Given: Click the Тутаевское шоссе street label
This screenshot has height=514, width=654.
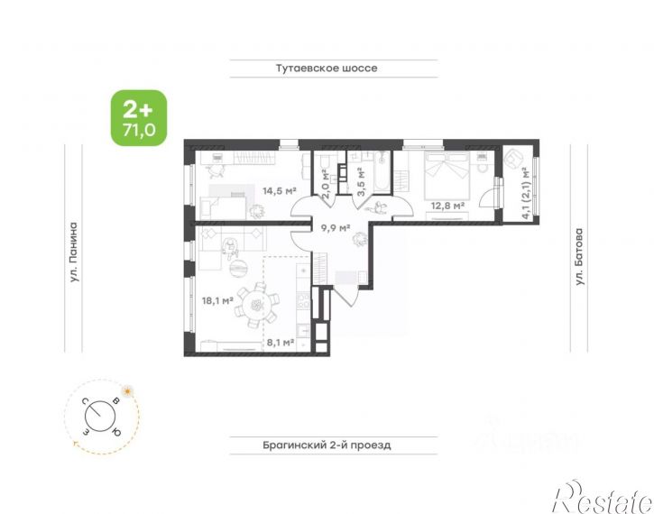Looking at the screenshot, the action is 327,69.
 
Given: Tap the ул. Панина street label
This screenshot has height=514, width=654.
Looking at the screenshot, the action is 74,252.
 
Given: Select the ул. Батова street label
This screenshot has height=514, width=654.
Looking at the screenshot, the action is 579,256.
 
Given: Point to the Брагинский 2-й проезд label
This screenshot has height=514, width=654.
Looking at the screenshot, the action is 327,445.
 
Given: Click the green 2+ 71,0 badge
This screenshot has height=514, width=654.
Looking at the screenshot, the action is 139,118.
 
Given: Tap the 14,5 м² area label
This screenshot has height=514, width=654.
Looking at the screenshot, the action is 279,191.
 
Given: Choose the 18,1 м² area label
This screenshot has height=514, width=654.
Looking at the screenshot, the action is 217,300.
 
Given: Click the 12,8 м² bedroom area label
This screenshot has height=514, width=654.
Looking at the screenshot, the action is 448,206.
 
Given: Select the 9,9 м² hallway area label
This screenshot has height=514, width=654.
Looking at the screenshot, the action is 335,228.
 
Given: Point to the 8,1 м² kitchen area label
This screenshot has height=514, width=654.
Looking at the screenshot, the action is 280,343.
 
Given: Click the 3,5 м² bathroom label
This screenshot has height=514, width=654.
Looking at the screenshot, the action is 362,181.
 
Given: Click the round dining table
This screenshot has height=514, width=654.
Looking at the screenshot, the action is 256,307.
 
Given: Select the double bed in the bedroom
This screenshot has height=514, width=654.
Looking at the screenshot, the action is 447,175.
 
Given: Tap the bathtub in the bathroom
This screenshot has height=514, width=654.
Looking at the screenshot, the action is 382,171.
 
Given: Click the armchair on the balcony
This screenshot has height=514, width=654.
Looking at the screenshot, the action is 512,159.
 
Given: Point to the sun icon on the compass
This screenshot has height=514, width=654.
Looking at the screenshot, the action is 127,390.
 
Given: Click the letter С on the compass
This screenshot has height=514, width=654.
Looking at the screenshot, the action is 85,401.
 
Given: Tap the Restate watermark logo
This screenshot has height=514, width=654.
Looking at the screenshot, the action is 603,497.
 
